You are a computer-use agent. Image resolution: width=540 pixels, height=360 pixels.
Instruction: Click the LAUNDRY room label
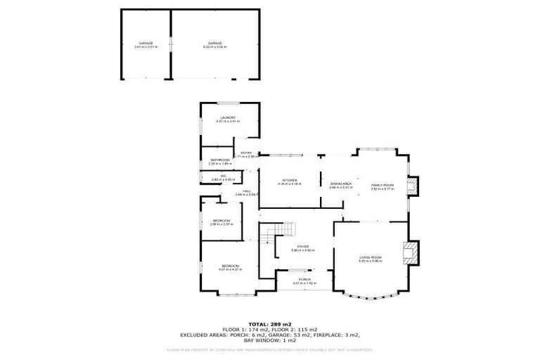coord(227,118)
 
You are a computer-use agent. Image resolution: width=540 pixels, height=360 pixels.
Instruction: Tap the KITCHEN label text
coord(289,181)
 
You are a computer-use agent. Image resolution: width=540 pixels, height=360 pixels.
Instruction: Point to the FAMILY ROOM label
coord(382,186)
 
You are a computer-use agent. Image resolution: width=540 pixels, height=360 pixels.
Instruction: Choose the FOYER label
coord(302,247)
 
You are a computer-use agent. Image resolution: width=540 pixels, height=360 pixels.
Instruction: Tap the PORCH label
coord(304,281)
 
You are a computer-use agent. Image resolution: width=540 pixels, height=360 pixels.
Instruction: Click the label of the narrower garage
coord(146,44)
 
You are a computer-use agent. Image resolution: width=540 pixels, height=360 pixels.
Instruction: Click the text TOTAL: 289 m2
coord(270,323)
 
